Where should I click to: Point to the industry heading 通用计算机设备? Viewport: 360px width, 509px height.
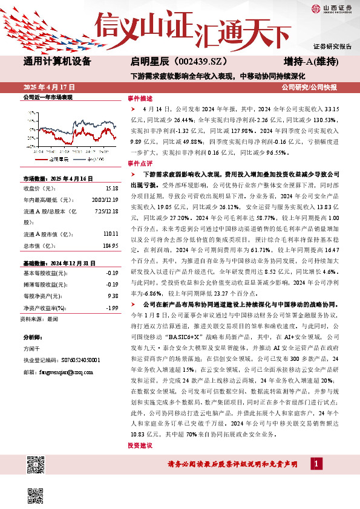[57, 62]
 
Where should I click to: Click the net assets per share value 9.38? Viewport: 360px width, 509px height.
[112, 296]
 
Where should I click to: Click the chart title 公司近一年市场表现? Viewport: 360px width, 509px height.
[47, 97]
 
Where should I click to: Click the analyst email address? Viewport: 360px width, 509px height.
[56, 374]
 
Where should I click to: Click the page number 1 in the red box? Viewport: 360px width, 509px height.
[316, 464]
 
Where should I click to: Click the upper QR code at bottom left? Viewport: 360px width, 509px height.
[36, 465]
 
